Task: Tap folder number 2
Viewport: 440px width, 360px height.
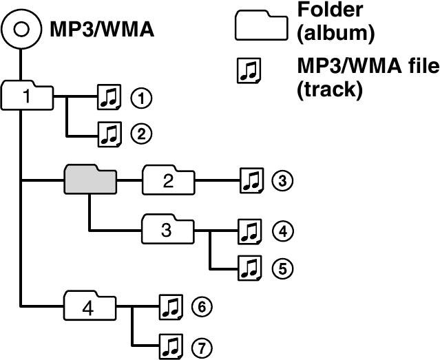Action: (168, 180)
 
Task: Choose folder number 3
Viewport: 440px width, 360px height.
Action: (167, 229)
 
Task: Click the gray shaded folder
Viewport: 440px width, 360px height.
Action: (90, 180)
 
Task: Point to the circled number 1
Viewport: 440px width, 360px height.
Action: (141, 98)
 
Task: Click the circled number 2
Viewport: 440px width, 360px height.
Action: (141, 134)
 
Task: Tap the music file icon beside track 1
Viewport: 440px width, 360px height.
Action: (108, 98)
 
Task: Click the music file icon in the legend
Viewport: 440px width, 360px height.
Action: (247, 70)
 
